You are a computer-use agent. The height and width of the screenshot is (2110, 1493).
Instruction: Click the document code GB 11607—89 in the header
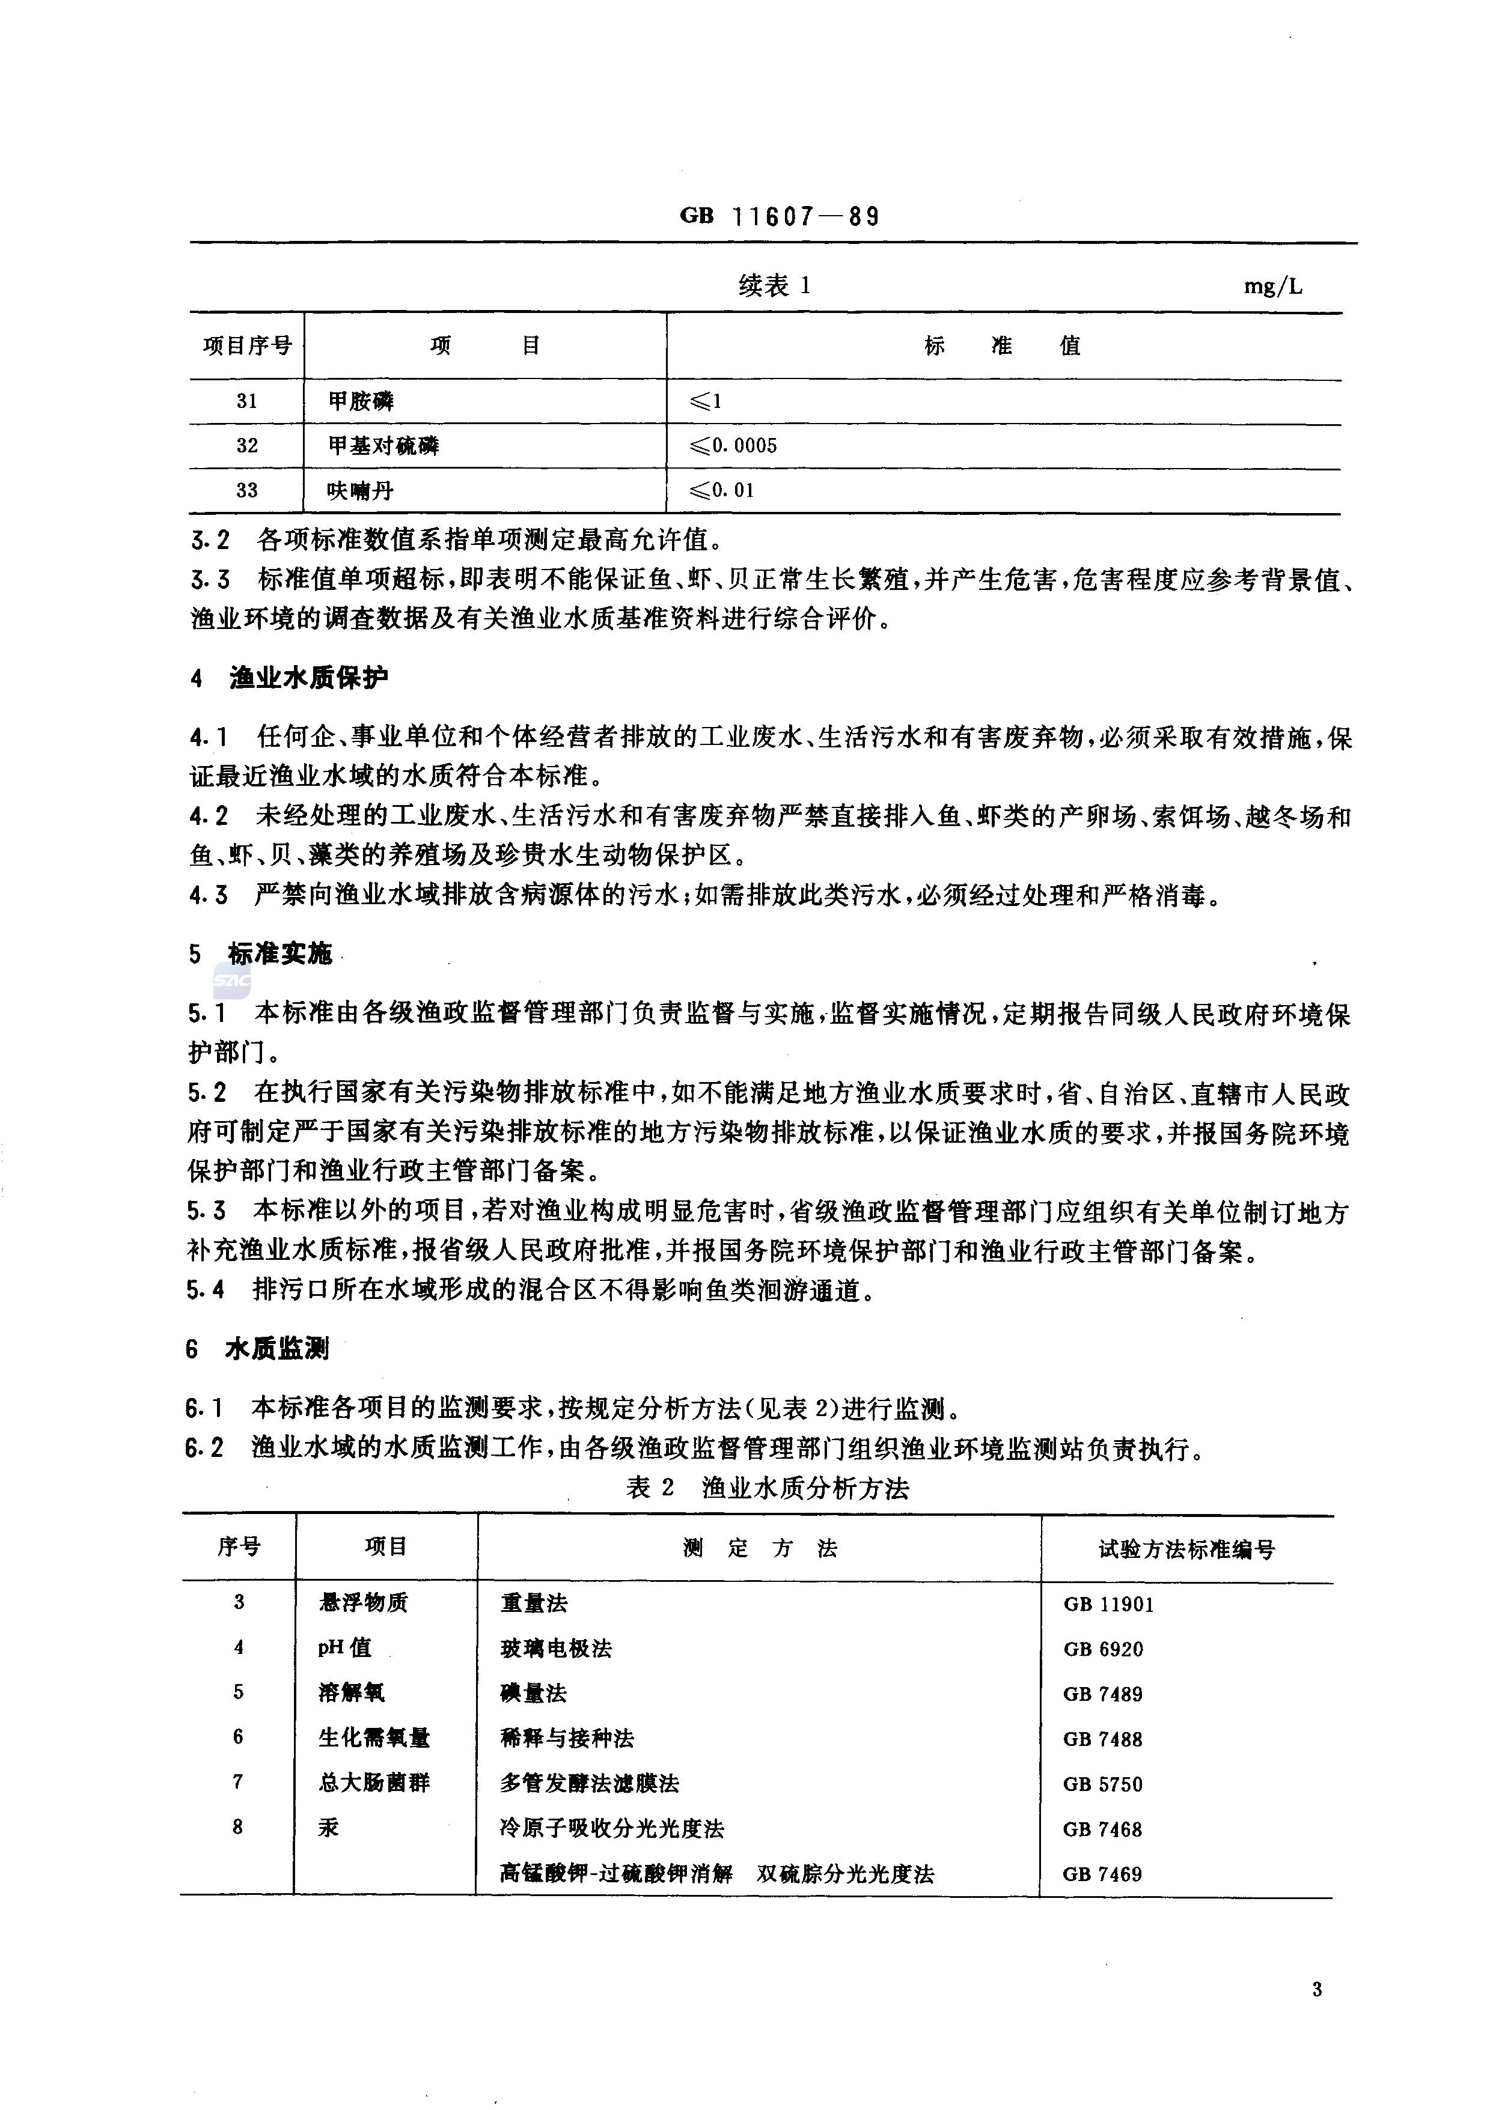(x=779, y=217)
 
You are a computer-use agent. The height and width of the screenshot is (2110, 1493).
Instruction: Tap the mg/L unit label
(x=1272, y=287)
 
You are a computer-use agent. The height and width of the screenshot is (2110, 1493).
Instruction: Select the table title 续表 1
(x=774, y=286)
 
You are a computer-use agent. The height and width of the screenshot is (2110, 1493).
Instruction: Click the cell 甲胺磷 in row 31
(x=361, y=401)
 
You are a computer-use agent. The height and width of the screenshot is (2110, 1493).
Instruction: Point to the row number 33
(x=246, y=491)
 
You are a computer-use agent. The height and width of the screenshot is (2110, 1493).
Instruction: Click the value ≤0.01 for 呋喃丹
(x=722, y=491)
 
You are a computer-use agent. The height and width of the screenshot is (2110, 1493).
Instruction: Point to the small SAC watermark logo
(x=231, y=981)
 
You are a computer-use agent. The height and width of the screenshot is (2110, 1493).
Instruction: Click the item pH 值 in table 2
(x=345, y=1648)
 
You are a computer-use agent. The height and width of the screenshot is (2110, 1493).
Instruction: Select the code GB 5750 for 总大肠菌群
(x=1102, y=1784)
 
